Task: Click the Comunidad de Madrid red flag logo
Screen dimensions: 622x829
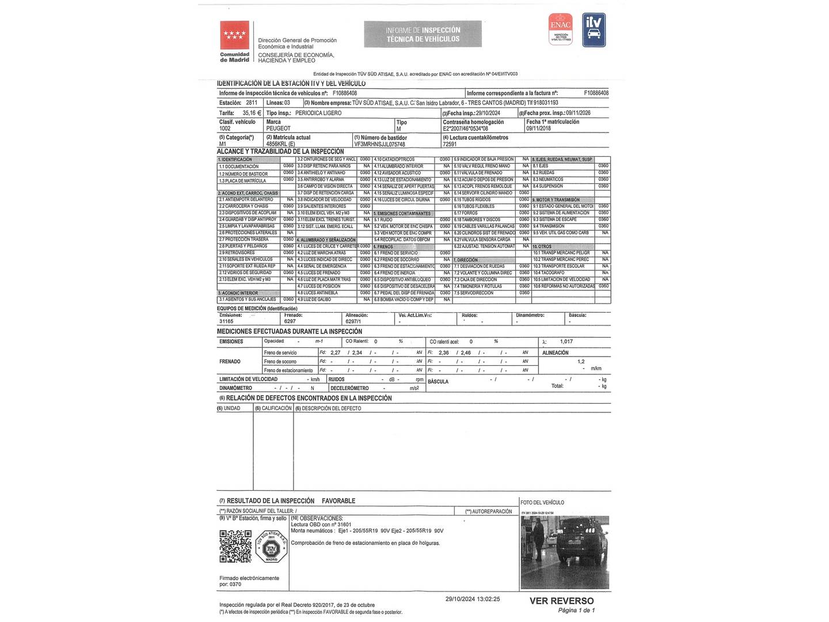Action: [234, 36]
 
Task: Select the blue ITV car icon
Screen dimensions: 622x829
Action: [594, 30]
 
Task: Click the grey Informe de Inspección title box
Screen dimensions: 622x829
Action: [423, 35]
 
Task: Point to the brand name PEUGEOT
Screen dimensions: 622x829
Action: [279, 128]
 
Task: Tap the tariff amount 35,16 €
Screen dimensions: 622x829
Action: [252, 113]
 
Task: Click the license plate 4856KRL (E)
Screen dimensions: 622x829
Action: [281, 144]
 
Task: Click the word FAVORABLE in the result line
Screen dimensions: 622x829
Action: [339, 501]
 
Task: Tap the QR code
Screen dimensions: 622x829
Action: [235, 546]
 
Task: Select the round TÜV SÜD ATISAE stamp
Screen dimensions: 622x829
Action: [271, 547]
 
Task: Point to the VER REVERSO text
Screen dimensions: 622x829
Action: [561, 601]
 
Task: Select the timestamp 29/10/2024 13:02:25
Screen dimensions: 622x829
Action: [473, 599]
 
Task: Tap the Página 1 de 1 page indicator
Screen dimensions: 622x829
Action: [576, 610]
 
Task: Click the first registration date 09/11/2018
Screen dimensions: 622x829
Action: [538, 128]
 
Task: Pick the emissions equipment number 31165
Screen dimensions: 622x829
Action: [226, 321]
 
